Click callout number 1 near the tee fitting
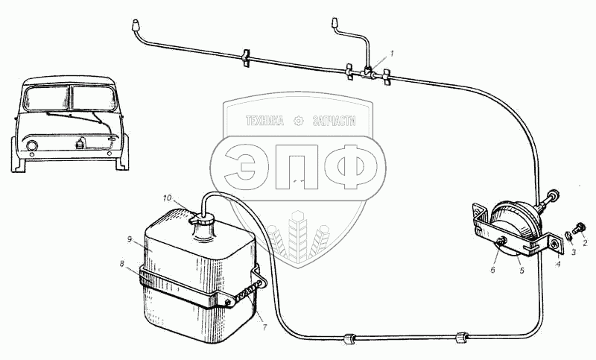[393, 53]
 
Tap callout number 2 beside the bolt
[585, 243]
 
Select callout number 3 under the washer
[573, 252]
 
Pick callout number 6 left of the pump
[492, 270]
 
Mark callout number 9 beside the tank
[129, 239]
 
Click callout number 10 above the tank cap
[168, 198]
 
